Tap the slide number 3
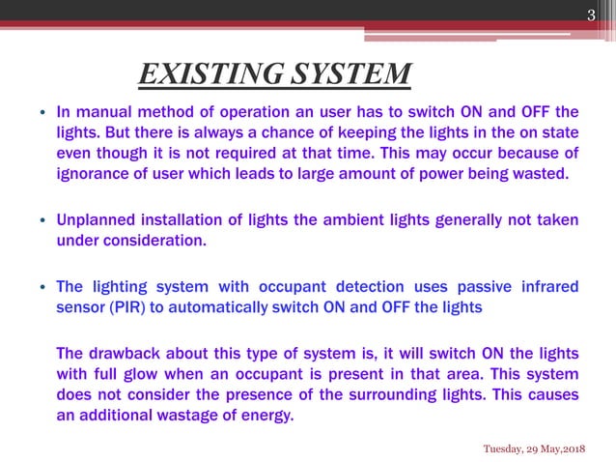click(x=593, y=13)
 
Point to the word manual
click(x=104, y=111)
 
